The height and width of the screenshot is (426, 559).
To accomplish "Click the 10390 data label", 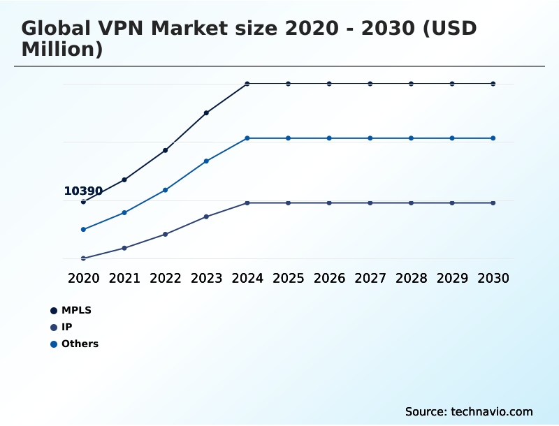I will tap(83, 191).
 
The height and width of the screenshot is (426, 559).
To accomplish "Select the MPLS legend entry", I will tap(76, 310).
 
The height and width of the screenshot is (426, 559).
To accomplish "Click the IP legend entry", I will tap(66, 327).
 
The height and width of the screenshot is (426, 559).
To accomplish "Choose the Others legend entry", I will tap(80, 344).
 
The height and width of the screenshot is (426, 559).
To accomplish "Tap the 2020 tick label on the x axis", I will tap(83, 278).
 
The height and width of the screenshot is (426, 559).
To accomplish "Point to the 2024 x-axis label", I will tap(247, 278).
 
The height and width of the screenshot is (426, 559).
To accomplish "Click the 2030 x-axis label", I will tap(493, 278).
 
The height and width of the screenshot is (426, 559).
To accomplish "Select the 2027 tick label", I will tap(370, 278).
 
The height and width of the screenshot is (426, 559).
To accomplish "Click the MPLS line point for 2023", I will tap(206, 112).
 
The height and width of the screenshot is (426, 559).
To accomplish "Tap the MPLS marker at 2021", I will tap(124, 179).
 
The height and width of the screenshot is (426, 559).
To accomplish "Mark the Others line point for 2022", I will tap(166, 190).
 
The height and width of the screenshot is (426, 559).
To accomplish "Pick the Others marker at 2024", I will tap(247, 138).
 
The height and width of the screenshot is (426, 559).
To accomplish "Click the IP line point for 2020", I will tap(83, 258).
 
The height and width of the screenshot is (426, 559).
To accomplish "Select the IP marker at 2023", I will tap(206, 216).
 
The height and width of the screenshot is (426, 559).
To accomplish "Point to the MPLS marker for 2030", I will tap(493, 84).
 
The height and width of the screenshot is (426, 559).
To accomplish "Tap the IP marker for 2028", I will tap(411, 203).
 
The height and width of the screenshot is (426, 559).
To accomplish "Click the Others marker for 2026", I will tap(329, 138).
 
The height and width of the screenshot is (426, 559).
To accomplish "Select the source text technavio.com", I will tap(492, 411).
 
